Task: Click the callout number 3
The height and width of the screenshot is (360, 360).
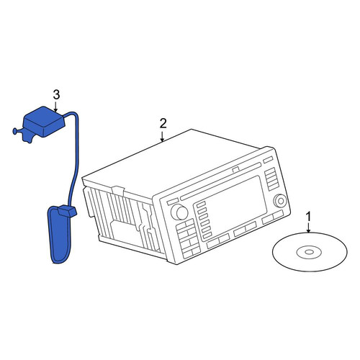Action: click(56, 95)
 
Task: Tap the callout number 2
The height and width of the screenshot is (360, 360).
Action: click(163, 124)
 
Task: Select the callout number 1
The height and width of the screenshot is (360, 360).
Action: click(309, 217)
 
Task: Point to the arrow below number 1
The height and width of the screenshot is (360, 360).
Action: click(309, 228)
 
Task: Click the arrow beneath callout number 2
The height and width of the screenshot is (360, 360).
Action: click(163, 136)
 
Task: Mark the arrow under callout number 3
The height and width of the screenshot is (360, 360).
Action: click(55, 107)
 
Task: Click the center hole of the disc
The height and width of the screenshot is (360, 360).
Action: click(309, 252)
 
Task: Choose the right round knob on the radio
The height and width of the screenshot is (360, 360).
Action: click(280, 200)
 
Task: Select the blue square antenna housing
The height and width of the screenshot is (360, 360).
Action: click(43, 122)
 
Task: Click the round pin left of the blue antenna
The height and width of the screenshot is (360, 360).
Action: click(17, 131)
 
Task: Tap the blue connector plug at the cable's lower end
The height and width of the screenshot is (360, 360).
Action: click(67, 210)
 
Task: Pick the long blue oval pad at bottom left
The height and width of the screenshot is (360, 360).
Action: click(60, 235)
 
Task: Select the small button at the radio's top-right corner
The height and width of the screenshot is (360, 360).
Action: click(268, 160)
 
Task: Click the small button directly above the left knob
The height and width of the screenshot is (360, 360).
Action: click(173, 202)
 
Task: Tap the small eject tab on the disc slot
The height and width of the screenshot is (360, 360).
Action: click(235, 170)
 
